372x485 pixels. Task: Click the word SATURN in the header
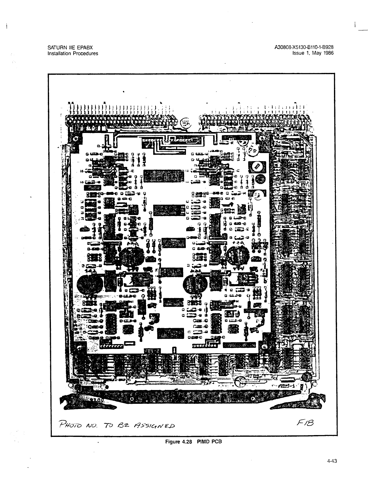56,47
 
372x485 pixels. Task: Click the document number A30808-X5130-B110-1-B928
305,47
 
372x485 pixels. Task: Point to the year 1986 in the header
328,53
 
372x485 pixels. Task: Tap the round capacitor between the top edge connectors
185,123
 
